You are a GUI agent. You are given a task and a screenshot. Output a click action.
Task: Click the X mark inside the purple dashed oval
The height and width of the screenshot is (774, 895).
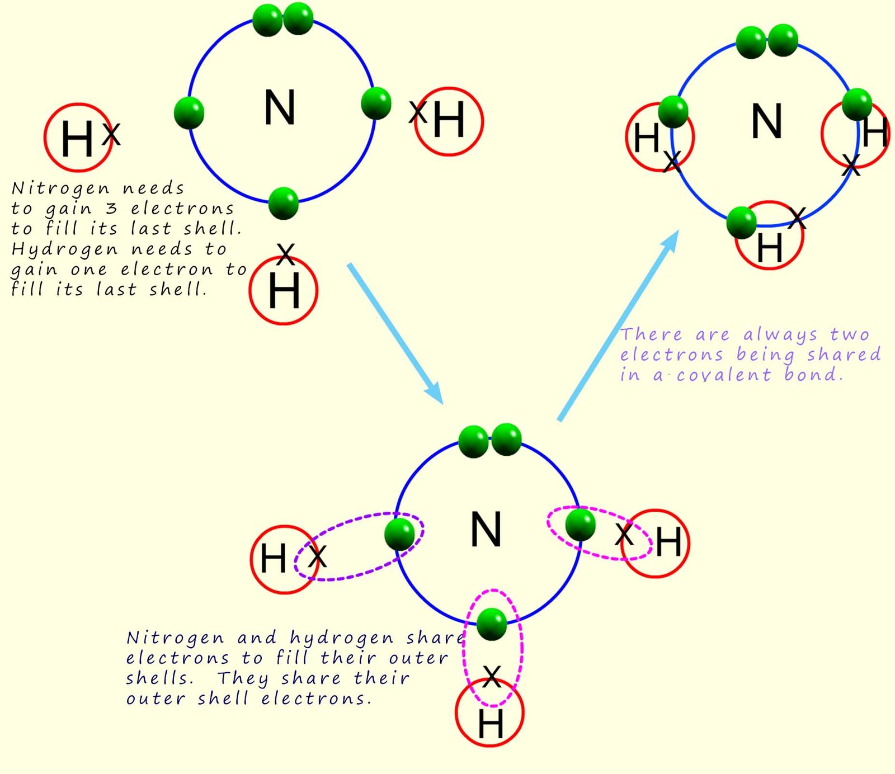point(317,556)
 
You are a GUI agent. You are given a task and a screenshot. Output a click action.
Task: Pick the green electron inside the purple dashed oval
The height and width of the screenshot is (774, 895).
point(399,534)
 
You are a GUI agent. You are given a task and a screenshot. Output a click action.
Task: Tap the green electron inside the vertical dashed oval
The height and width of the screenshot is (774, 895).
point(492,624)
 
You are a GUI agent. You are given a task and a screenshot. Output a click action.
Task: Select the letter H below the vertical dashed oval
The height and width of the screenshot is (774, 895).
point(491,724)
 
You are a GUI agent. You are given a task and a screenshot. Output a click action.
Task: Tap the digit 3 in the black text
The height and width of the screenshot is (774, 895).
point(111,209)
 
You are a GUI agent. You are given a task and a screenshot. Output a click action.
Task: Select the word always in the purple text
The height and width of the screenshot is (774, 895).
point(780,335)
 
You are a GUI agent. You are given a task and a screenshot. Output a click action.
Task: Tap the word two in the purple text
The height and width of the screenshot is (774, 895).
point(850,334)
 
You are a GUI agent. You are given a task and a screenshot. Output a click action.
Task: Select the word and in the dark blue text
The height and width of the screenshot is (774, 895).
point(257,638)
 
